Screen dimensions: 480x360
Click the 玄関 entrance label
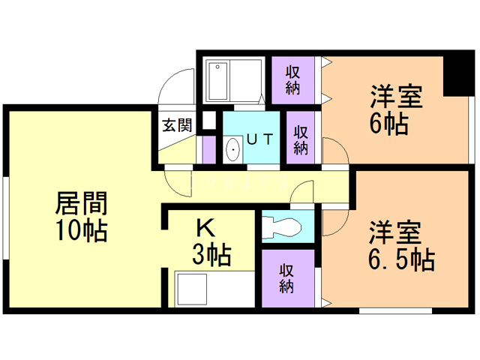pyautogui.click(x=177, y=125)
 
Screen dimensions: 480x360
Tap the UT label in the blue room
pyautogui.click(x=259, y=139)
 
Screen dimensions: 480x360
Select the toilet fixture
pyautogui.click(x=282, y=226)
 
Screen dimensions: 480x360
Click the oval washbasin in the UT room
pyautogui.click(x=233, y=149)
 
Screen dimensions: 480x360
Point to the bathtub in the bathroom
pyautogui.click(x=217, y=81)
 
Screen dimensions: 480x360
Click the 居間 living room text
pyautogui.click(x=82, y=203)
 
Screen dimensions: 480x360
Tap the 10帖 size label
pyautogui.click(x=81, y=230)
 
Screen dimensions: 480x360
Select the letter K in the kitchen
pyautogui.click(x=205, y=228)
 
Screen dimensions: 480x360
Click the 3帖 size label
pyautogui.click(x=211, y=255)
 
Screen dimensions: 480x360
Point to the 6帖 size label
pyautogui.click(x=388, y=123)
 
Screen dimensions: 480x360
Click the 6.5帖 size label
pyautogui.click(x=401, y=259)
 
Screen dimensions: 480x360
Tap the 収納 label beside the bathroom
pyautogui.click(x=293, y=80)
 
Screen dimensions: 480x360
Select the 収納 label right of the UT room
pyautogui.click(x=301, y=140)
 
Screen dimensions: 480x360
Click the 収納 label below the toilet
pyautogui.click(x=286, y=278)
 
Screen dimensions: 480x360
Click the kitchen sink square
pyautogui.click(x=190, y=289)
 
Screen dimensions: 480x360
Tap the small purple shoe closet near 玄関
pyautogui.click(x=209, y=150)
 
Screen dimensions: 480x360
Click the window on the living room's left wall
pyautogui.click(x=5, y=218)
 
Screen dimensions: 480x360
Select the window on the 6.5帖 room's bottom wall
pyautogui.click(x=395, y=311)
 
